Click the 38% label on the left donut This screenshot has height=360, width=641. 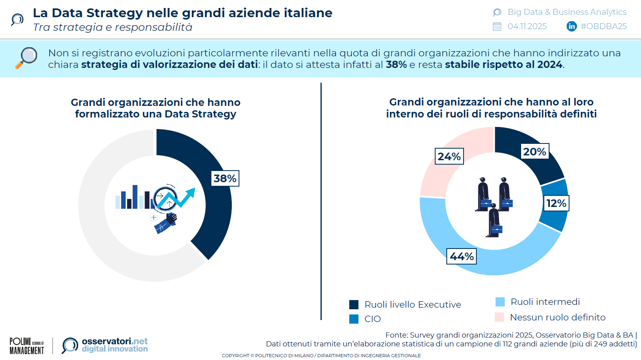(x=225, y=178)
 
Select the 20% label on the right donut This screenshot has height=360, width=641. (x=535, y=151)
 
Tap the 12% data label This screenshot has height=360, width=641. (x=556, y=203)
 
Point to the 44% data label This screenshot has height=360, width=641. (x=462, y=256)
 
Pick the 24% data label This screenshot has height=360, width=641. (x=449, y=156)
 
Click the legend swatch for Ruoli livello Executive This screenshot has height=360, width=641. (x=354, y=305)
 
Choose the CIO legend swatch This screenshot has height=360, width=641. (x=354, y=319)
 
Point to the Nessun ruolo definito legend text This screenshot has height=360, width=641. (x=557, y=317)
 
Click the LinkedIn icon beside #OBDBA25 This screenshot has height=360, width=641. (x=571, y=26)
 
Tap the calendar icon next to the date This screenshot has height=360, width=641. (x=497, y=26)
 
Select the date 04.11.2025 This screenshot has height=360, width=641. (x=527, y=26)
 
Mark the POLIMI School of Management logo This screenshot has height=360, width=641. (x=27, y=346)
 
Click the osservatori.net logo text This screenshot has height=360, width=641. (x=115, y=345)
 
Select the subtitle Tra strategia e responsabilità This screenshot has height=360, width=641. (x=113, y=27)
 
